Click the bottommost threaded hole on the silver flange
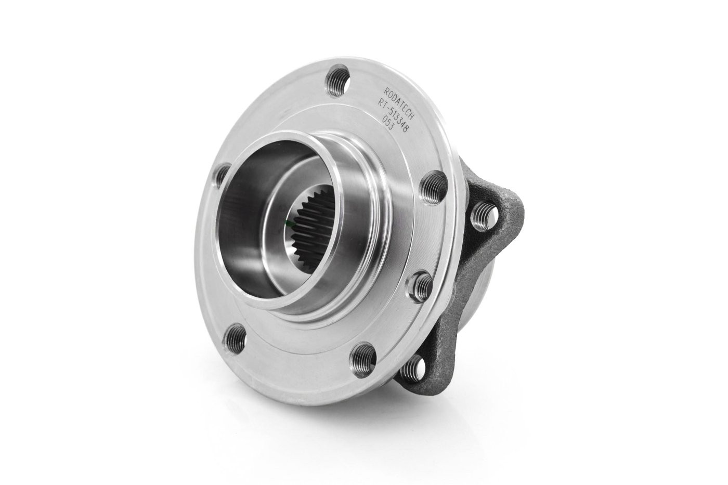[363, 357]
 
